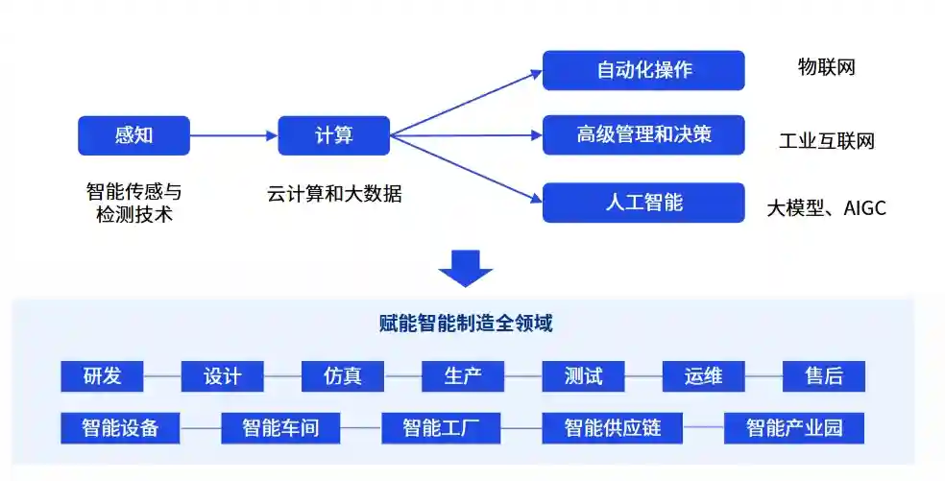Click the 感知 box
[133, 135]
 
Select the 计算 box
[333, 135]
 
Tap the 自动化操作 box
[643, 70]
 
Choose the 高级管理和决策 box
[643, 135]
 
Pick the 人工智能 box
[643, 202]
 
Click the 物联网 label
[826, 67]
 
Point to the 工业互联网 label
[827, 142]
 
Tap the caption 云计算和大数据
[334, 194]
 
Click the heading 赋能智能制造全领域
[466, 324]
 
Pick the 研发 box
[102, 375]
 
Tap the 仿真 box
[343, 375]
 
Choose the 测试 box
[583, 375]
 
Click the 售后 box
[823, 375]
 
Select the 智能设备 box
[120, 427]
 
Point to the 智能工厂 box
[441, 427]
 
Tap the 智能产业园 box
[794, 427]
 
